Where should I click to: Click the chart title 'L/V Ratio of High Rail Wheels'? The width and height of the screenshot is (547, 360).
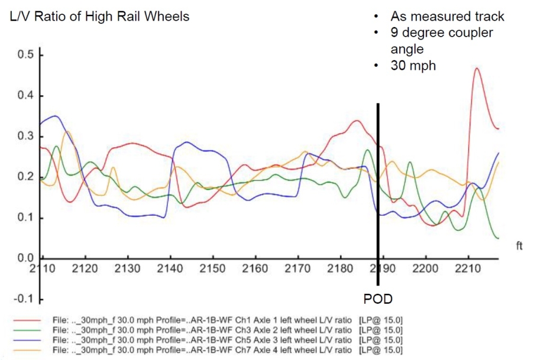coord(100,17)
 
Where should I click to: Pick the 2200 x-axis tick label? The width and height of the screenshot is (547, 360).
coord(425,268)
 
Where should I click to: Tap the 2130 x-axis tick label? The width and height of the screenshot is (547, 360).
coord(127,268)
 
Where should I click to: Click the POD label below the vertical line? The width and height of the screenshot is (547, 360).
coord(378,299)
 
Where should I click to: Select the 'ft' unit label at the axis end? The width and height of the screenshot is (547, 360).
coord(519,246)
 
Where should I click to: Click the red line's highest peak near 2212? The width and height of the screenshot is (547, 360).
coord(476,69)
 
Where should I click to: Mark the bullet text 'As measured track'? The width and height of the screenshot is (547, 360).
coord(447,17)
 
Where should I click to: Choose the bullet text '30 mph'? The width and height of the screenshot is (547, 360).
coord(413,66)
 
